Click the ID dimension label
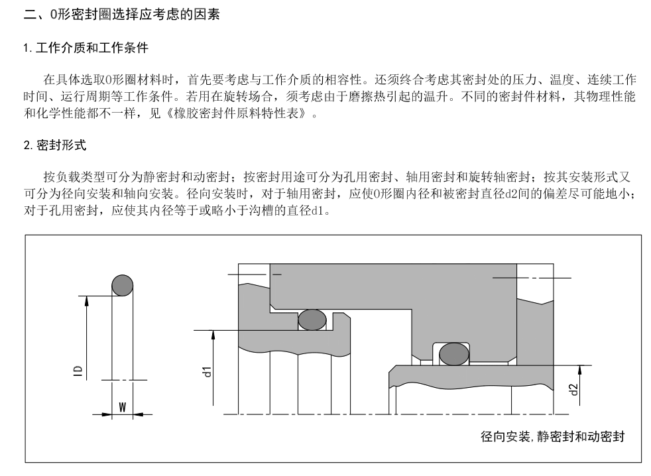point(78,371)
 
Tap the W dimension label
point(123,407)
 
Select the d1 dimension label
point(207,372)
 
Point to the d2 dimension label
point(573,389)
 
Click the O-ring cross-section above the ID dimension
point(123,285)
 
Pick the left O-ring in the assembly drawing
point(312,320)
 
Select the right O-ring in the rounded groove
point(454,354)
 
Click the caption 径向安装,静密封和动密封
point(553,436)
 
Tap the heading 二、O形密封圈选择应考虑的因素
point(121,15)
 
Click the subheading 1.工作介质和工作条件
point(86,48)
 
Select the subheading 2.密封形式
point(55,145)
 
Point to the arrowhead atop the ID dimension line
point(87,301)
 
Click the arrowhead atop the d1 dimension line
point(213,335)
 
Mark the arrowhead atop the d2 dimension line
point(580,371)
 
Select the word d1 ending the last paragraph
point(317,211)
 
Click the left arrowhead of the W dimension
point(107,414)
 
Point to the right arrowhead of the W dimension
point(139,414)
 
